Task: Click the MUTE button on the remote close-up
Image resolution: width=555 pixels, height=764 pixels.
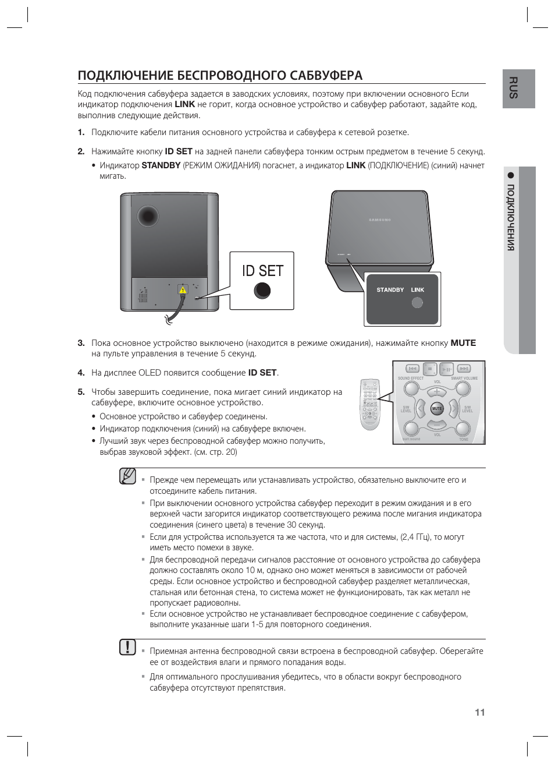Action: pos(437,409)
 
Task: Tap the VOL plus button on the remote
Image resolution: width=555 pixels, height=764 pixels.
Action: pos(437,392)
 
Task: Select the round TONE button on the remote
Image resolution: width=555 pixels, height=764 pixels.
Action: pos(463,429)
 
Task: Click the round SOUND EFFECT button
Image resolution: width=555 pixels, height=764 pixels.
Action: pos(411,388)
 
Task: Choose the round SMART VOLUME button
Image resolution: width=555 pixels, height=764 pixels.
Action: pos(463,388)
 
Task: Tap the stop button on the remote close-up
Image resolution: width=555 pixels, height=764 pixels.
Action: pos(429,369)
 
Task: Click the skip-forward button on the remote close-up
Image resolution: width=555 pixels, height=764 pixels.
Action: pos(464,369)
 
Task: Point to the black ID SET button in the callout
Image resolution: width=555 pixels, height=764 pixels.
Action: pos(262,290)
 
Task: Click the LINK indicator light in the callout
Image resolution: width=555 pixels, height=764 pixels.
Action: pos(417,303)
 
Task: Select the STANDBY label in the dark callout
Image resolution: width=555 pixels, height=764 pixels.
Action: pos(390,290)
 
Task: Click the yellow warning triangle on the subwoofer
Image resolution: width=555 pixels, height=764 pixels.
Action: pos(183,289)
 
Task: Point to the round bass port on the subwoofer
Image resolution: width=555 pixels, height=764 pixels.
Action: pos(148,216)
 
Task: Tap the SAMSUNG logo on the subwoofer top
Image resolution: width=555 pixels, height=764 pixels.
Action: pos(380,220)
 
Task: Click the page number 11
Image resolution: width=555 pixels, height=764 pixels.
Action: pos(479,712)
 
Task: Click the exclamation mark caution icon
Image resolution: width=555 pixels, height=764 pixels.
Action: pos(127,647)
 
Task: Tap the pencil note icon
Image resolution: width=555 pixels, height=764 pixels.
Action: pos(127,476)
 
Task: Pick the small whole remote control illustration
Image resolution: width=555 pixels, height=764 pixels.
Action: pos(369,404)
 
